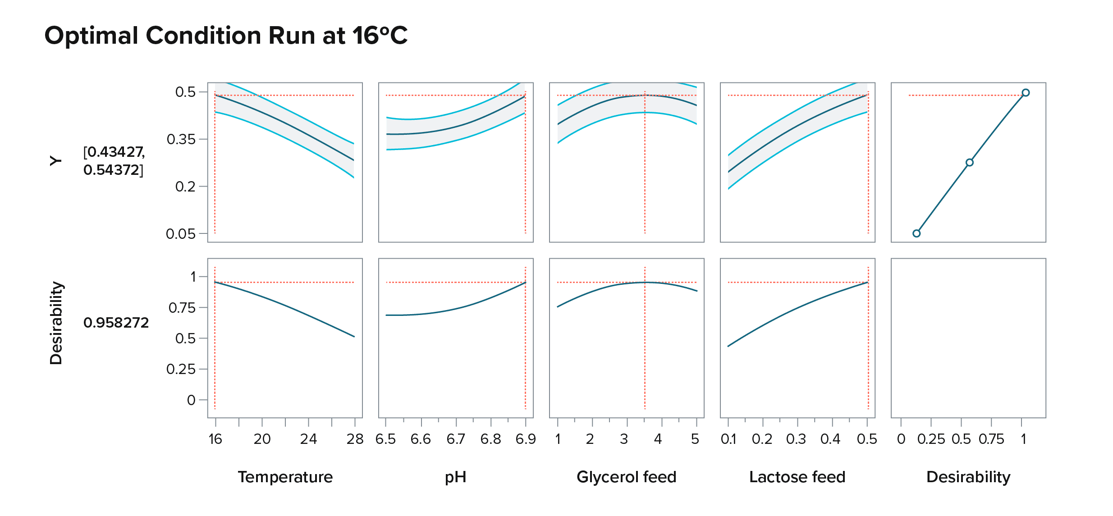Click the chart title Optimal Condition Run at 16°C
pos(226,36)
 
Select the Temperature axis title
pos(285,477)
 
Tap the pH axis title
pos(455,477)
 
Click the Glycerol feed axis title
pos(626,477)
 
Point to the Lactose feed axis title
pos(797,477)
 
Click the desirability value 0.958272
pos(116,323)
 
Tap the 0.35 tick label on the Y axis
pos(181,140)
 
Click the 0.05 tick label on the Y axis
pos(180,234)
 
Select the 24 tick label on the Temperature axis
pos(308,439)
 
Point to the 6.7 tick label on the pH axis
pos(456,439)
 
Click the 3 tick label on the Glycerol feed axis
pos(624,439)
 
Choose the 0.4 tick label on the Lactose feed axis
pos(830,439)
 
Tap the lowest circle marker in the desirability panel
pos(916,233)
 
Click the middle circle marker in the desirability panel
pos(970,163)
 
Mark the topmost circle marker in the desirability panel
pos(1026,93)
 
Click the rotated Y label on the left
pos(55,161)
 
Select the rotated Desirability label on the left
pos(56,323)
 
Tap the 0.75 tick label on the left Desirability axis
pos(182,308)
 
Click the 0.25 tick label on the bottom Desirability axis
pos(931,439)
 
